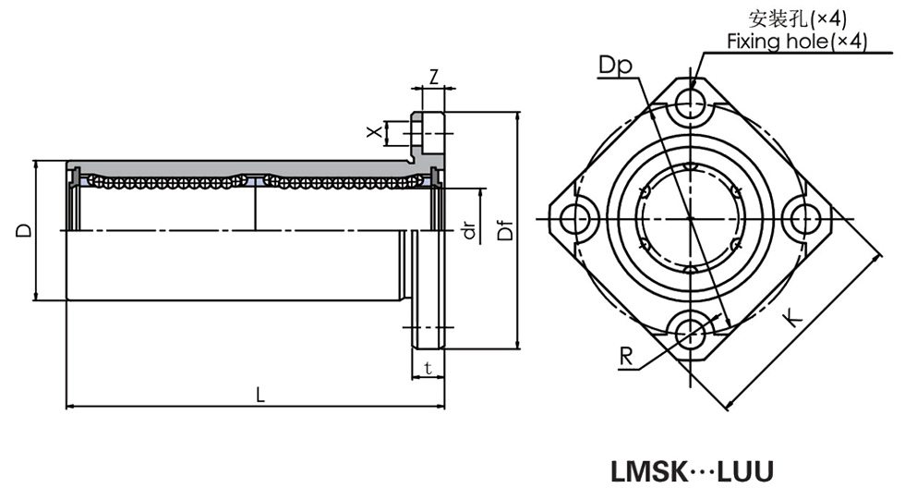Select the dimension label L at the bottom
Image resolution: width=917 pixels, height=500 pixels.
coord(260,394)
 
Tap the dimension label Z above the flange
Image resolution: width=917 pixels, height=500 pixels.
coord(433,78)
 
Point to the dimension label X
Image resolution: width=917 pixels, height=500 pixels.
coord(374,132)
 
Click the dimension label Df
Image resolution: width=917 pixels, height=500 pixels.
coord(504,230)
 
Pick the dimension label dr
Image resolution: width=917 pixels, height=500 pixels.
coord(469,230)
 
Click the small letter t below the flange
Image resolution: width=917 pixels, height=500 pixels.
coord(426,368)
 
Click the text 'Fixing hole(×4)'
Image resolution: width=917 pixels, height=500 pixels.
coord(796,42)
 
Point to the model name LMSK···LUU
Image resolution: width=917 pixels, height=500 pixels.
coord(692,471)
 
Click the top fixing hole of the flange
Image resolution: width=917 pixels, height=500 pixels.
coord(689,104)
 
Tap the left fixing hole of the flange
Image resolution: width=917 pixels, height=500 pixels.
coord(575,219)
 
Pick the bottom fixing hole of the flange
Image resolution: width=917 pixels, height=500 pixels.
coord(689,332)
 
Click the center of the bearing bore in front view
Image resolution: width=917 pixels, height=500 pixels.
coord(689,219)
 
